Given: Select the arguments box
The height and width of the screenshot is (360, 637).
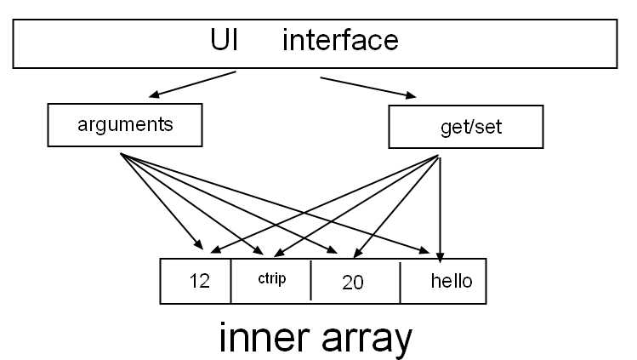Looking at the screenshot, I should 124,125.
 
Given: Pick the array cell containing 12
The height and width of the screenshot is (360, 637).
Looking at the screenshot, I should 196,282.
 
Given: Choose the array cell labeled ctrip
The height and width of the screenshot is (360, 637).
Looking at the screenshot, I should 270,282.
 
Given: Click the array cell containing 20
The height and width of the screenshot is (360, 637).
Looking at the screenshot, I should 355,282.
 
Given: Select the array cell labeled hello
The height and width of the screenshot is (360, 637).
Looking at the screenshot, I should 443,282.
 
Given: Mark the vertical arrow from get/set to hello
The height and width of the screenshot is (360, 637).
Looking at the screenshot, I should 440,209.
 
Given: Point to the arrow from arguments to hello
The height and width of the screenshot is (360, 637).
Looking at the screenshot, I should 281,204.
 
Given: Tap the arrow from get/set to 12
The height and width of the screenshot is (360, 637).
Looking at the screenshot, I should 323,204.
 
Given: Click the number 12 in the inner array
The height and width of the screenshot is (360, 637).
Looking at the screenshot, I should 199,282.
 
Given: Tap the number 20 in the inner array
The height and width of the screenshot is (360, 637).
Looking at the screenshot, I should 352,283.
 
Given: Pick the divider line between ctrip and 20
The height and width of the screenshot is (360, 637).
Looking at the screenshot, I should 310,282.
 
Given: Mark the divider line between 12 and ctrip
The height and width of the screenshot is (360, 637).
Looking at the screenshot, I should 230,282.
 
